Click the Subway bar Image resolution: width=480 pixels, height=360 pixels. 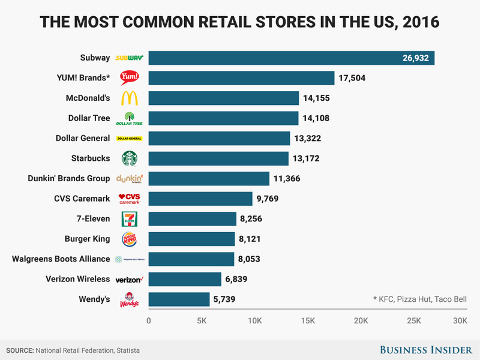[x=292, y=58]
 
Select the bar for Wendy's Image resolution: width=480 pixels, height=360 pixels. [x=179, y=299]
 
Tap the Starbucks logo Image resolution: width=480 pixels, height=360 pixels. [x=130, y=158]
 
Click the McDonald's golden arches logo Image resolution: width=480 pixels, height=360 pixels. [x=130, y=98]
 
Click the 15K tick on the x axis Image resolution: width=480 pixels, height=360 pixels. [x=308, y=321]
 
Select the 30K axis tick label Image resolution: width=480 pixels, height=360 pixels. [x=460, y=321]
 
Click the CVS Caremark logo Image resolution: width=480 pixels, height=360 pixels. [x=130, y=199]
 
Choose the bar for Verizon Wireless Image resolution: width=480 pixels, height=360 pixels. [x=185, y=279]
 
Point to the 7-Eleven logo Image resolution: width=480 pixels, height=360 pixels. [x=130, y=218]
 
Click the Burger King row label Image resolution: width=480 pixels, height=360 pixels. [x=87, y=239]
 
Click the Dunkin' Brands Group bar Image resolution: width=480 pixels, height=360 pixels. [x=209, y=178]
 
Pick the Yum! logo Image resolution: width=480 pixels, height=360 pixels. [x=130, y=77]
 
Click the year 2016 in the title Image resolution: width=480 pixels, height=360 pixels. [x=420, y=23]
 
